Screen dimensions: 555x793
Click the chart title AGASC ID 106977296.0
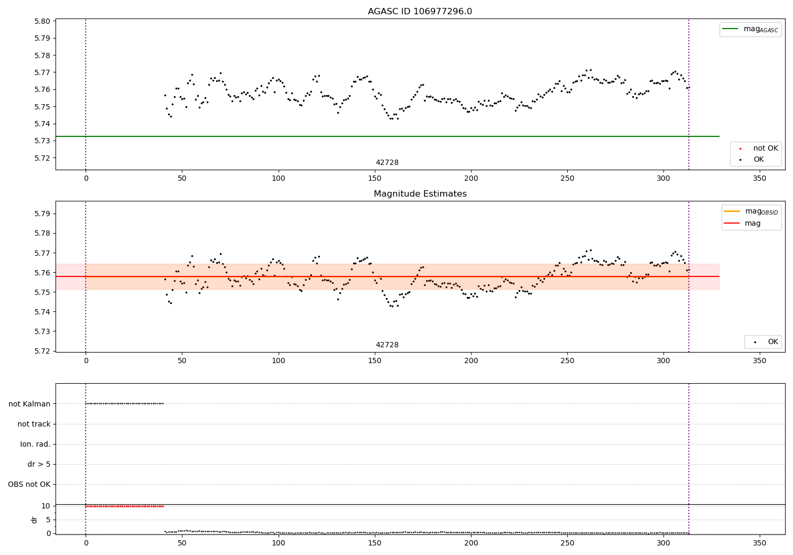point(420,12)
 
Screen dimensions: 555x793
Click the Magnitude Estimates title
point(420,194)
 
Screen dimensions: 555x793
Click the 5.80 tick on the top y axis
point(42,21)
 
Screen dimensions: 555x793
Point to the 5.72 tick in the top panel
point(42,158)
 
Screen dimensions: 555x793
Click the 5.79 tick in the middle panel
point(42,214)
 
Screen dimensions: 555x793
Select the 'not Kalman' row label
point(30,404)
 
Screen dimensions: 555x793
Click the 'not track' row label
point(34,424)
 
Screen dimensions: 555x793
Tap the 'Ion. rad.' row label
point(35,444)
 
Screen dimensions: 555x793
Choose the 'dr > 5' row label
point(39,464)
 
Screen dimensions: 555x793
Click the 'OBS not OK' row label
point(29,484)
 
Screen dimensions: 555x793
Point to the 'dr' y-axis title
point(34,520)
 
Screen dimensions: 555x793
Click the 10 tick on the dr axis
point(45,506)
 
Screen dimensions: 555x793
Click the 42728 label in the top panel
point(387,163)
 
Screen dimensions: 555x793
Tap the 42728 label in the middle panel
point(387,345)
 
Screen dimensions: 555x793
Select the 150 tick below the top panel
point(374,179)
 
